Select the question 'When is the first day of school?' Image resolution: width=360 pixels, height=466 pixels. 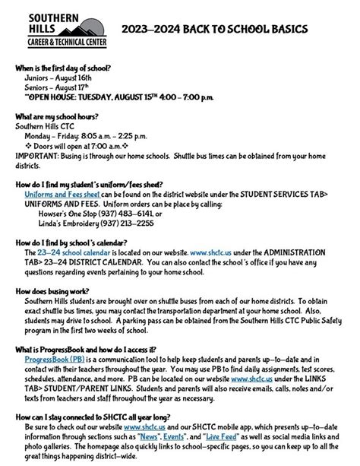pos(63,68)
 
